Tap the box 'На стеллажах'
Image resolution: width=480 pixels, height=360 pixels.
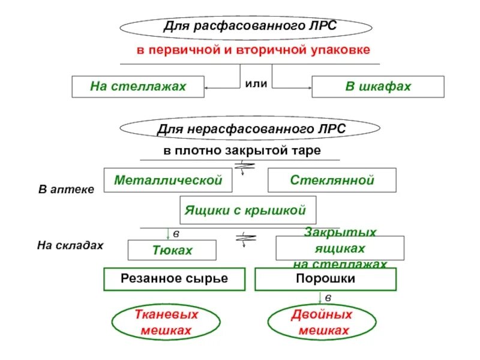point(138,86)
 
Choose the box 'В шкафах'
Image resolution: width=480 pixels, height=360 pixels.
point(378,86)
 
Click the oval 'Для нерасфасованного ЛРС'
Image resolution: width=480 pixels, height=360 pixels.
point(250,129)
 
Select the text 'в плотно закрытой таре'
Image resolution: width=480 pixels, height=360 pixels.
point(242,151)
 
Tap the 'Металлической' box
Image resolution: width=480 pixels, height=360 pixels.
point(168,180)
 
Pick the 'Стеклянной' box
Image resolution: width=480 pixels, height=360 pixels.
point(332,180)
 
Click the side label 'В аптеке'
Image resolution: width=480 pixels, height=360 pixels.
point(66,190)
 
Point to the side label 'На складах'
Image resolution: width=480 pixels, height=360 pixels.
point(70,245)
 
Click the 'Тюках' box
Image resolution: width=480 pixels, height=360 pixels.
point(172,250)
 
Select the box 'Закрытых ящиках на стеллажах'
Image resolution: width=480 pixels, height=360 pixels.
point(340,248)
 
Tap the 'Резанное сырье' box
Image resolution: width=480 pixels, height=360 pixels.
point(175,279)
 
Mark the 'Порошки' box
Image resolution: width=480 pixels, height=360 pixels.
point(326,279)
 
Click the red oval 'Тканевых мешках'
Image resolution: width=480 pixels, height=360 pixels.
point(166,322)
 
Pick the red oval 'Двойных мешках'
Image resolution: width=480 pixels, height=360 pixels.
point(322,322)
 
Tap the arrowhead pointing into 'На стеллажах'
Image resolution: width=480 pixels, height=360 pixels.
point(207,89)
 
